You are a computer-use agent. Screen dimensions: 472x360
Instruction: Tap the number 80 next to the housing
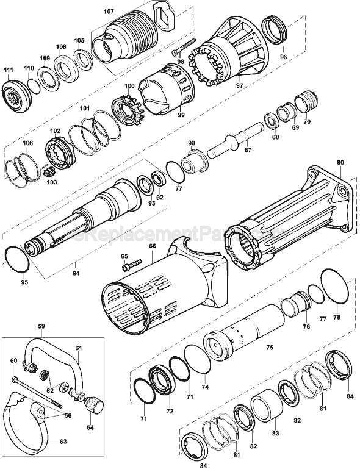[340, 163]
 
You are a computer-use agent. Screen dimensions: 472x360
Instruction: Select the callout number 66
[153, 246]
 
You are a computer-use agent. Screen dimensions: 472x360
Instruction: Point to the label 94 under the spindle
[75, 264]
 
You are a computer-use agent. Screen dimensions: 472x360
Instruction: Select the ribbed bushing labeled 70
[306, 101]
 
